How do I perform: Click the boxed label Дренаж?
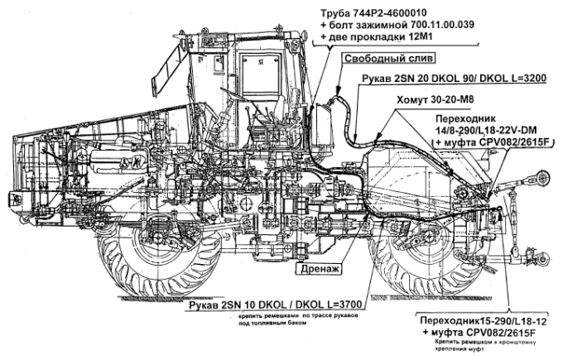[x=318, y=269]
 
